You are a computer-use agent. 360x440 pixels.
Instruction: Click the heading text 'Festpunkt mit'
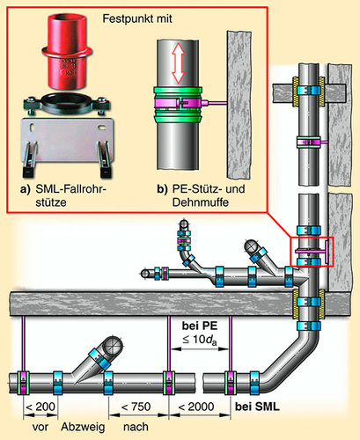pyautogui.click(x=137, y=18)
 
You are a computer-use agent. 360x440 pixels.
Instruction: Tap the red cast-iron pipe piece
pyautogui.click(x=67, y=50)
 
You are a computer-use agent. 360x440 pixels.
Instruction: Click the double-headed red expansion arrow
pyautogui.click(x=178, y=63)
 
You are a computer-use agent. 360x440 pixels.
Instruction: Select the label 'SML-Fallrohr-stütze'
pyautogui.click(x=70, y=195)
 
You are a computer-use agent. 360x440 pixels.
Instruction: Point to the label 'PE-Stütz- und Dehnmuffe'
pyautogui.click(x=209, y=195)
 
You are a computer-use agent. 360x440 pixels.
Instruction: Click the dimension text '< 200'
pyautogui.click(x=40, y=407)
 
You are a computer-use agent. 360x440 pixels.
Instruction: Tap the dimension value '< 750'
pyautogui.click(x=136, y=407)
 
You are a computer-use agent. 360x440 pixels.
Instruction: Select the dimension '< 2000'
pyautogui.click(x=196, y=407)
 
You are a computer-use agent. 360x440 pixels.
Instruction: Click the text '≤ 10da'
pyautogui.click(x=200, y=340)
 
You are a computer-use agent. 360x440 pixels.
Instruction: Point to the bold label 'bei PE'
pyautogui.click(x=200, y=326)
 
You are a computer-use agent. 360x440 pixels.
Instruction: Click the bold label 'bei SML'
pyautogui.click(x=257, y=407)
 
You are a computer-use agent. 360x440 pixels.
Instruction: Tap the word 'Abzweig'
pyautogui.click(x=83, y=427)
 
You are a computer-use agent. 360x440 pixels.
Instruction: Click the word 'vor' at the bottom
pyautogui.click(x=40, y=428)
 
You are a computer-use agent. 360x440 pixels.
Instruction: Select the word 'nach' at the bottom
pyautogui.click(x=136, y=427)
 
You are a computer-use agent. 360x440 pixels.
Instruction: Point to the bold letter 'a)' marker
pyautogui.click(x=26, y=189)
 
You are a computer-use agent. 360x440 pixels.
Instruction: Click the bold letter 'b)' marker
pyautogui.click(x=162, y=189)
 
